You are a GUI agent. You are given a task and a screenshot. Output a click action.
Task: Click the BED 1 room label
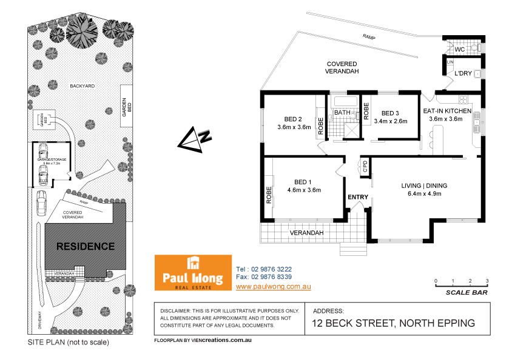tap(303, 182)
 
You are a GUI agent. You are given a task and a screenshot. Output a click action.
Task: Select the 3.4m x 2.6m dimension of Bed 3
tap(390, 121)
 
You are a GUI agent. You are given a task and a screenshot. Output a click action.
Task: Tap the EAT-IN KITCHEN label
tap(447, 111)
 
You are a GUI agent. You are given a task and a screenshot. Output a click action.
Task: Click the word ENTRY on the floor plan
tap(358, 197)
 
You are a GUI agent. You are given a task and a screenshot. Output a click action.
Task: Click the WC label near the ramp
tap(459, 49)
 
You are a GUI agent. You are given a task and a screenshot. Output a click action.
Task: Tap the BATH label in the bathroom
tap(342, 113)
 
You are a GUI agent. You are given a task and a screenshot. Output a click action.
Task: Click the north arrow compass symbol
tap(195, 140)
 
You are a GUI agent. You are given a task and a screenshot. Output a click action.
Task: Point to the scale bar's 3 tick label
tap(487, 281)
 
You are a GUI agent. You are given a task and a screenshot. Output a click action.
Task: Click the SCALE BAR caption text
tap(466, 293)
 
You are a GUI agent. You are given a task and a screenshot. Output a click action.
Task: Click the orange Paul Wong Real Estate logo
tap(193, 272)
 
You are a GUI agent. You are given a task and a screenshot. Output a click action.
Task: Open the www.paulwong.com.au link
tap(264, 286)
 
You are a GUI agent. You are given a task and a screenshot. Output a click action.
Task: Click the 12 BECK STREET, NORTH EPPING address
tap(393, 323)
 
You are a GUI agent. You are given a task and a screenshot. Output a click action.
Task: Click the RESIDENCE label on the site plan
tap(86, 247)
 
